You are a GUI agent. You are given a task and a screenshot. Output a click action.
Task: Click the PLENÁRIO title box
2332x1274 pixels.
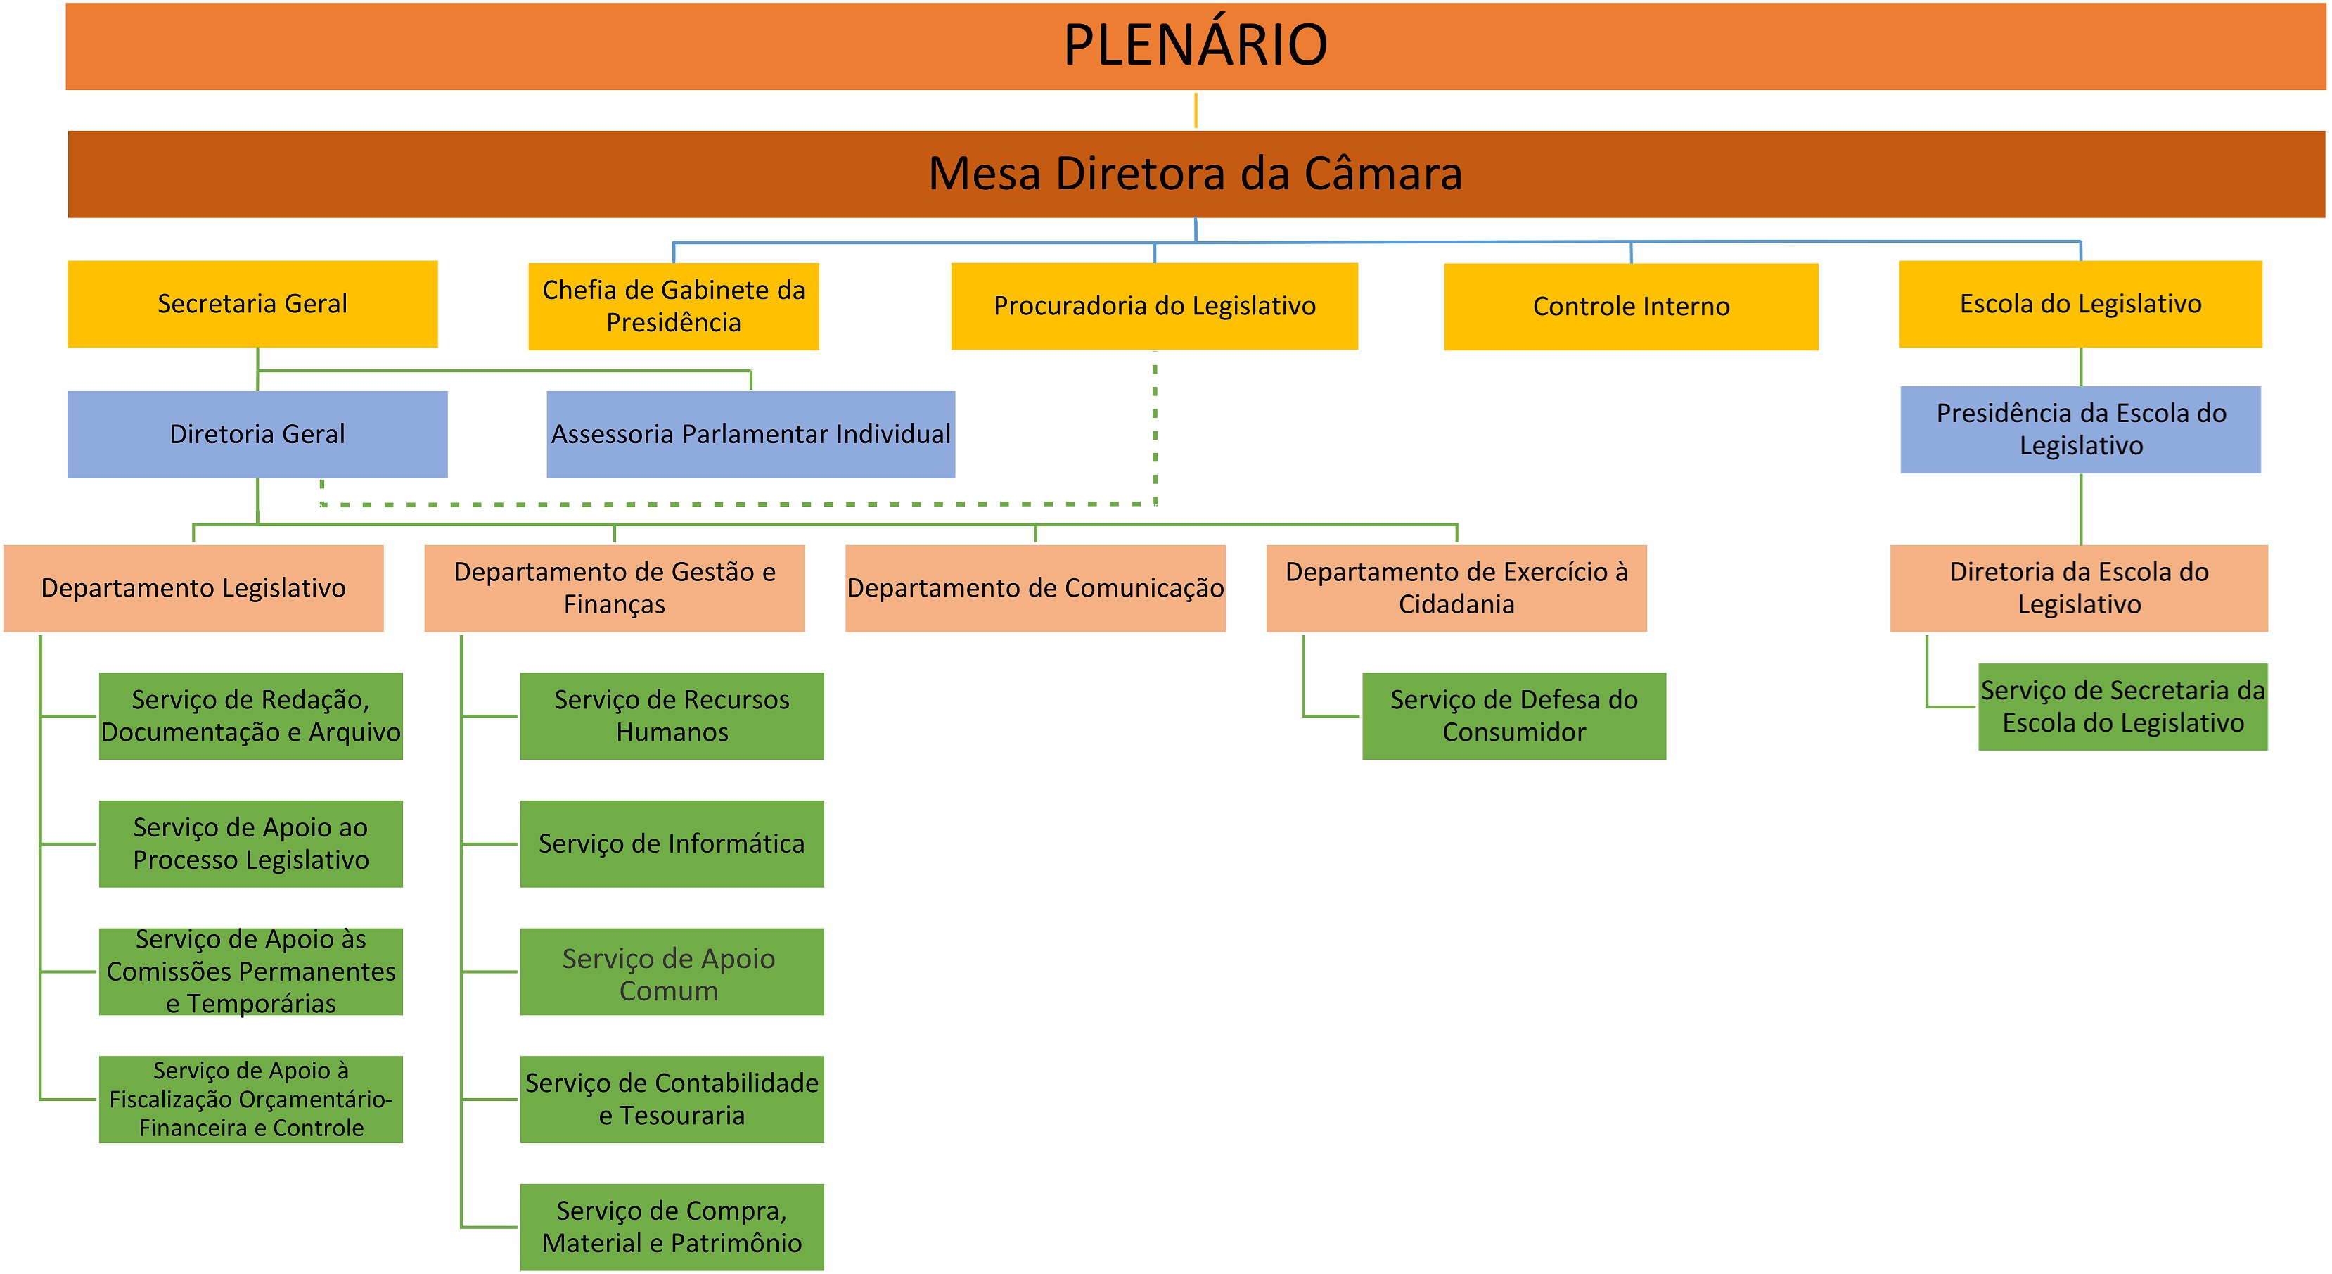1195,45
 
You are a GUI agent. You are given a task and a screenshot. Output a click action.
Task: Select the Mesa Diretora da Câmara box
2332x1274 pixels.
1195,174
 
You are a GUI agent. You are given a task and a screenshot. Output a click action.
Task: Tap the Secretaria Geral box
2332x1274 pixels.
252,304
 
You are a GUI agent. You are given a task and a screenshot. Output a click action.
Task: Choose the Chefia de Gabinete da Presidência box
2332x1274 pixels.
674,306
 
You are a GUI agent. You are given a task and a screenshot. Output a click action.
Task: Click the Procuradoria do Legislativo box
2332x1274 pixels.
1154,306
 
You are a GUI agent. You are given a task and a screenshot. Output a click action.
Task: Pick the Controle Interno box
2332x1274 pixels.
1630,307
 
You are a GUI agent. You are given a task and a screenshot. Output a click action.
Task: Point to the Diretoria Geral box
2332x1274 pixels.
257,435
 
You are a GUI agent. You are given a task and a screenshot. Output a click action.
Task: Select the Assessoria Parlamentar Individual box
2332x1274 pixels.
750,435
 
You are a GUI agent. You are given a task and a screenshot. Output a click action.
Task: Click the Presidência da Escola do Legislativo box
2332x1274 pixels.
2080,430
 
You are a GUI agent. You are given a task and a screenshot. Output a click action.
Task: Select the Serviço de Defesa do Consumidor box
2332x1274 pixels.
1513,716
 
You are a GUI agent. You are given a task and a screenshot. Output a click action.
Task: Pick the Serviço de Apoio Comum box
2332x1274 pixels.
672,972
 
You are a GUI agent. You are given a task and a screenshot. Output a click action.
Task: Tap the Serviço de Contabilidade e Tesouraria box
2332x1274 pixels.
672,1100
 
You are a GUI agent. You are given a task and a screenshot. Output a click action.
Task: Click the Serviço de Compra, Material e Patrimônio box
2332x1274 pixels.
672,1227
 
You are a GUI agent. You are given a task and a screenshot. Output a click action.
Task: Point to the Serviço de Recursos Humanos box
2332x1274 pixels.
672,716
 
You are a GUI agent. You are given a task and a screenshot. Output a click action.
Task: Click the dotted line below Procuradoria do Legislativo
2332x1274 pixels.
1155,426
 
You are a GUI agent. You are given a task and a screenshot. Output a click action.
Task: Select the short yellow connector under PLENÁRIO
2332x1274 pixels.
1196,110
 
